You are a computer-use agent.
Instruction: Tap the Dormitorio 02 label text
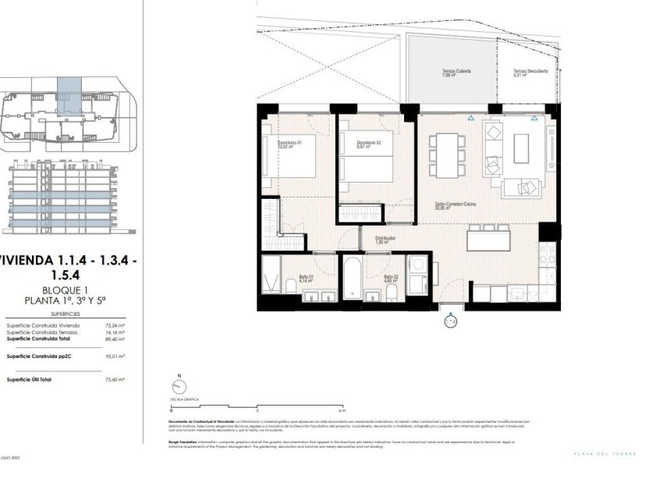click(x=368, y=144)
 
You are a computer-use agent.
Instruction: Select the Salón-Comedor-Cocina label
click(x=456, y=206)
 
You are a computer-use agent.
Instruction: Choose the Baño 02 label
click(x=392, y=277)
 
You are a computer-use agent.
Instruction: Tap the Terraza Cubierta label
click(x=448, y=73)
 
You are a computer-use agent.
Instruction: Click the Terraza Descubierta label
click(x=530, y=72)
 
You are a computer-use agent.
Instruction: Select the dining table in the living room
click(x=447, y=155)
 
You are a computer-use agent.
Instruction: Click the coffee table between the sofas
click(x=521, y=149)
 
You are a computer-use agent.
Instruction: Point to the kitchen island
click(x=488, y=239)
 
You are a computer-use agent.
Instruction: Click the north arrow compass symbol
click(x=179, y=389)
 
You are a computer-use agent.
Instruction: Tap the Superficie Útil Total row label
click(x=29, y=379)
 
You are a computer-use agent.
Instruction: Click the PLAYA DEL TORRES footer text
click(x=604, y=454)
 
